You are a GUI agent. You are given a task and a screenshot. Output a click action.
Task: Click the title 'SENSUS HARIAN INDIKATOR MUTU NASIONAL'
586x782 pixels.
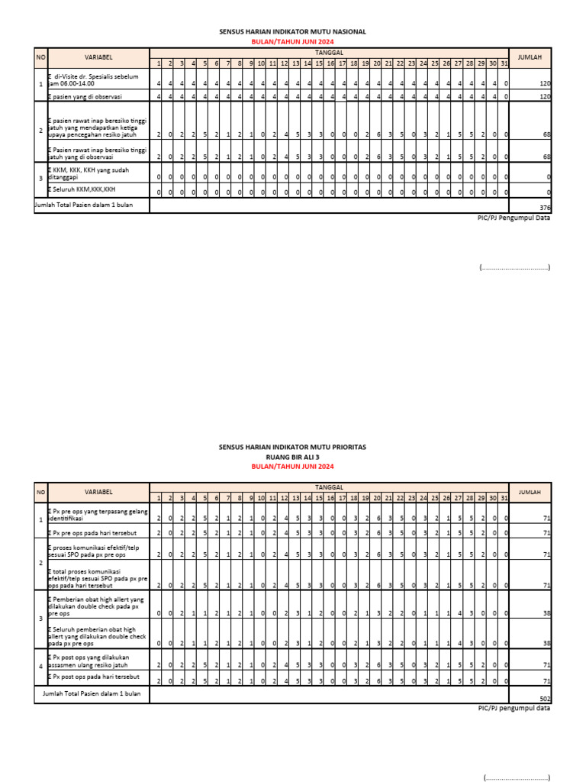(293, 32)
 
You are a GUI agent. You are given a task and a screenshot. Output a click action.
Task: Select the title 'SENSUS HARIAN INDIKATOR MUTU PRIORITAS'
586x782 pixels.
(293, 447)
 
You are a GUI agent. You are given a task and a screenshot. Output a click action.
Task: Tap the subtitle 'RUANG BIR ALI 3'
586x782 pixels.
(293, 456)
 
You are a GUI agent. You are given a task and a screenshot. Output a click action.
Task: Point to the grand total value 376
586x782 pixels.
(544, 208)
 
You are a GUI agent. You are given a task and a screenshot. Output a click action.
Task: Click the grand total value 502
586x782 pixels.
(543, 699)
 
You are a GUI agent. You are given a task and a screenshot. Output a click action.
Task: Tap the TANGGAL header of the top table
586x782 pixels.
(329, 51)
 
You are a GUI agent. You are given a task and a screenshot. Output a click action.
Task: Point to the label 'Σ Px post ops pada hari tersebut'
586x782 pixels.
(95, 677)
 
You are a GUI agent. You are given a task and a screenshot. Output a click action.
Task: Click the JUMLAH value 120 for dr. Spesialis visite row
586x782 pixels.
(545, 82)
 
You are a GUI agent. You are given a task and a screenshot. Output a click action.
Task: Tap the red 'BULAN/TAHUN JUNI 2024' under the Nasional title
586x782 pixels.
(293, 41)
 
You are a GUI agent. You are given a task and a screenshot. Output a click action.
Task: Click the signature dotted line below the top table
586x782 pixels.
(515, 267)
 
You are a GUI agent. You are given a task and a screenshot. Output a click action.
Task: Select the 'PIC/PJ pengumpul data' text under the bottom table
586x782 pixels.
(510, 708)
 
